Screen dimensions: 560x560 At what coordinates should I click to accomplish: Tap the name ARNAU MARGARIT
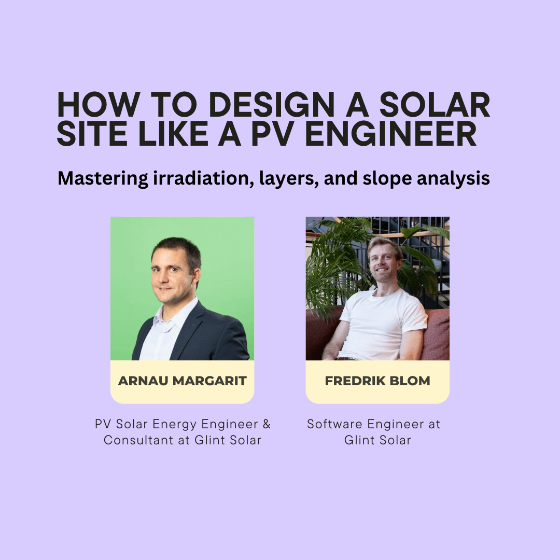183,381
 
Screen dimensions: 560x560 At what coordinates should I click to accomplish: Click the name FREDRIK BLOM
377,381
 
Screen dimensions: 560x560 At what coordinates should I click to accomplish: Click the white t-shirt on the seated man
381,321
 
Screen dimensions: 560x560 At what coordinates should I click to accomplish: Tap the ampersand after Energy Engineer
267,424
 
